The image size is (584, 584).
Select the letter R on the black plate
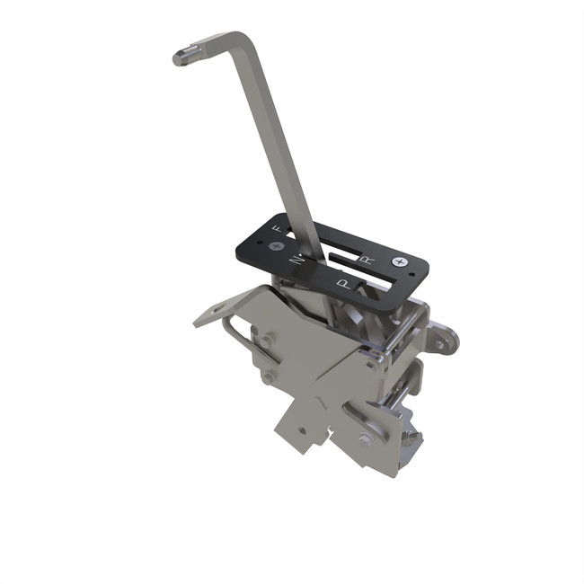[366, 258]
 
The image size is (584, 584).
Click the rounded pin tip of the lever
[180, 58]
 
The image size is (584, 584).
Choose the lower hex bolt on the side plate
[268, 377]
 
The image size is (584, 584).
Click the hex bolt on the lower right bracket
[367, 439]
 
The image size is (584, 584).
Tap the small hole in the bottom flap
[303, 429]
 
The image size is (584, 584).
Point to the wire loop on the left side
[233, 334]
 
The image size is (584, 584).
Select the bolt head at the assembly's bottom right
[411, 438]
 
